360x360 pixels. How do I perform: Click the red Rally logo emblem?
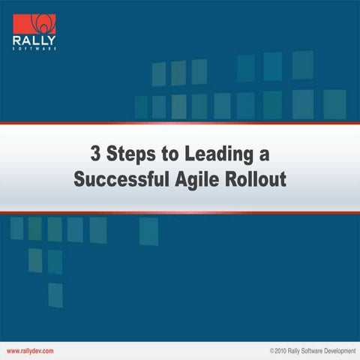(35, 23)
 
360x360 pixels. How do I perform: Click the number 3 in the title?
(95, 155)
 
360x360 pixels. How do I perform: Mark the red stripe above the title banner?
(180, 123)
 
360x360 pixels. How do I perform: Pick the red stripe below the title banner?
(180, 213)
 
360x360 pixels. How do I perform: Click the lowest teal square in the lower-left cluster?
(55, 295)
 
